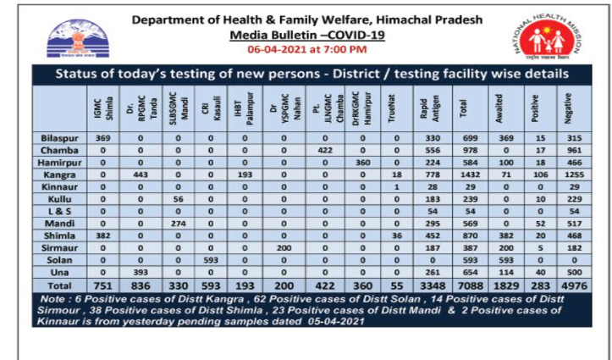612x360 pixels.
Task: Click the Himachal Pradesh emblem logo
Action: tap(78, 37)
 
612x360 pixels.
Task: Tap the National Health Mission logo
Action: tap(541, 37)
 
